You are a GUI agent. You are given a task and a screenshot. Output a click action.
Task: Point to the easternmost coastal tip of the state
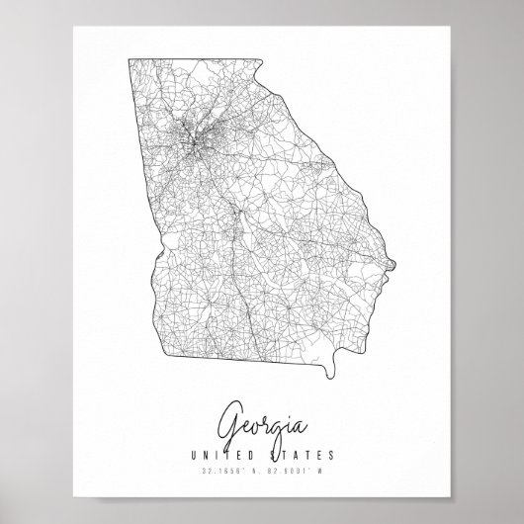(394, 262)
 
